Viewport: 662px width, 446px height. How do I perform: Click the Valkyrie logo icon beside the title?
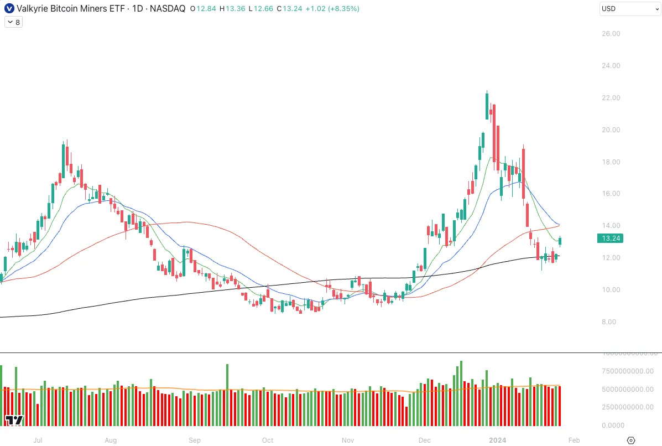[x=9, y=9]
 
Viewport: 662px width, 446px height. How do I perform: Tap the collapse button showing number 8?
[x=13, y=23]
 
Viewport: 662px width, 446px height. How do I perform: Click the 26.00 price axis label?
[x=611, y=34]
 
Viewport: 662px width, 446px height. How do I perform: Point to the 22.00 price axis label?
[x=611, y=98]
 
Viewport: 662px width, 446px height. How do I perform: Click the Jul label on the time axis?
[x=38, y=440]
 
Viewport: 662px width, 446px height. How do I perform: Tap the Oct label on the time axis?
[x=268, y=440]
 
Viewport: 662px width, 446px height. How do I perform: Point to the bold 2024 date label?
[x=498, y=440]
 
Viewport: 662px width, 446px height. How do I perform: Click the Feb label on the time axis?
[x=574, y=440]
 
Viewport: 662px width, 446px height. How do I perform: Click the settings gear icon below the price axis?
[x=631, y=440]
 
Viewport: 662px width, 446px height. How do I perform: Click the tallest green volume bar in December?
[x=461, y=393]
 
